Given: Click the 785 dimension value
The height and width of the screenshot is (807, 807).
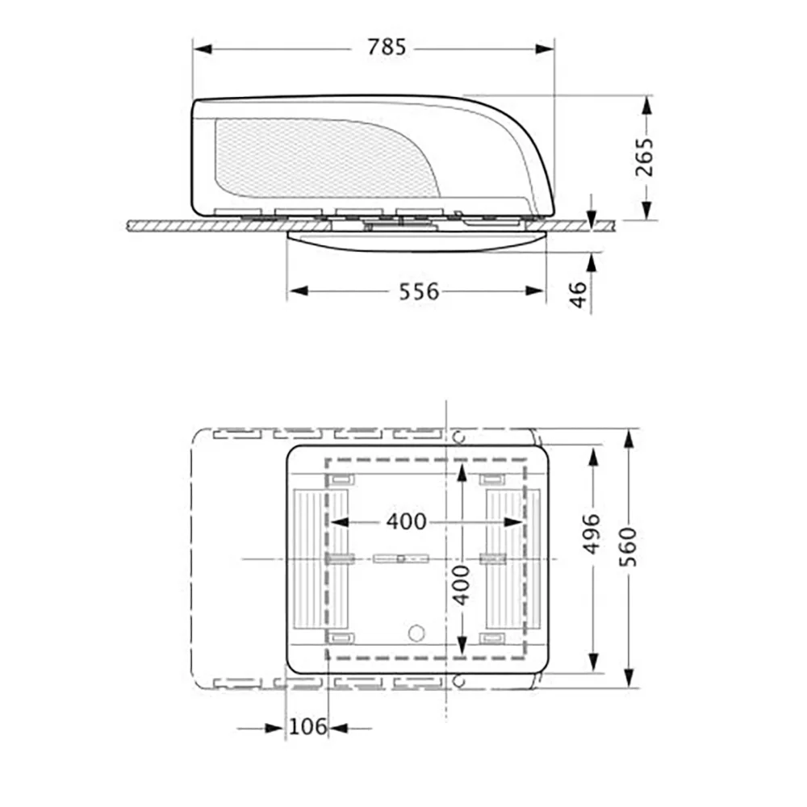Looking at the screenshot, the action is coord(387,48).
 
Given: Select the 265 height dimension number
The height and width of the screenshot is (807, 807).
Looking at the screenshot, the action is coord(643,157).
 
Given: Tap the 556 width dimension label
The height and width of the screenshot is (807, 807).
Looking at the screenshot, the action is coord(419,292).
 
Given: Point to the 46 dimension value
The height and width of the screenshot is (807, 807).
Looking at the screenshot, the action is coord(579,295).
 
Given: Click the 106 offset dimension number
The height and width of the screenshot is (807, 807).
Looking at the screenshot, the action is coord(307,727).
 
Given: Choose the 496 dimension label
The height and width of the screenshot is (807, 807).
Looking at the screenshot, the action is coord(592,533).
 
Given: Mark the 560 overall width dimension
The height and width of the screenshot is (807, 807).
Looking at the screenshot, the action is coord(627,547).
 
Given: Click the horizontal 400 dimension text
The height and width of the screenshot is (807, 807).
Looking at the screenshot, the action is coord(407,522).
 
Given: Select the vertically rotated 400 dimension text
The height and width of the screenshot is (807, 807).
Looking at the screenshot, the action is coord(461,585).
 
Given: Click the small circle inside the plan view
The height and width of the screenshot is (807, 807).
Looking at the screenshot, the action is coord(416,633).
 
